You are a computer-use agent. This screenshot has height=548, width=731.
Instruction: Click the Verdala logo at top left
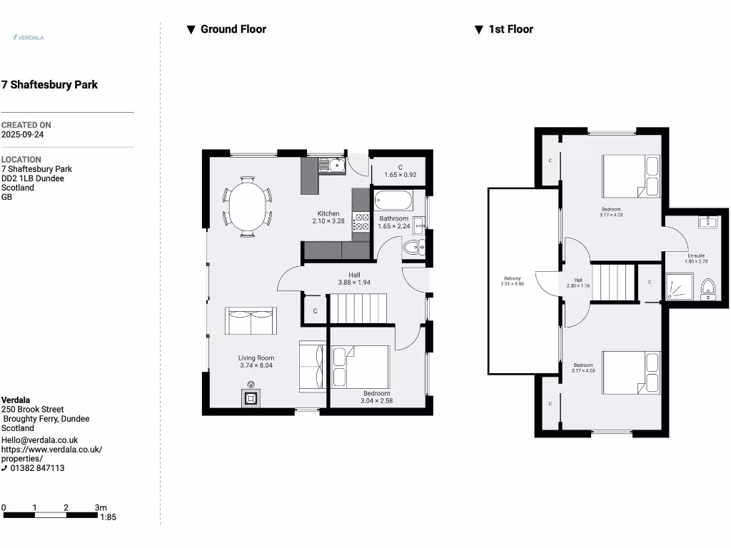(29, 37)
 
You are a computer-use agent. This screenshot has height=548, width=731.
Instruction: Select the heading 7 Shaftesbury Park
(49, 85)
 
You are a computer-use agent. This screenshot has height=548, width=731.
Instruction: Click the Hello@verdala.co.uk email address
(39, 440)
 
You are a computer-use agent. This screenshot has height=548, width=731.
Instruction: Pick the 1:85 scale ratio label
(109, 517)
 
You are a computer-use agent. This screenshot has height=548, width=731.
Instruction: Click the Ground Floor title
(233, 29)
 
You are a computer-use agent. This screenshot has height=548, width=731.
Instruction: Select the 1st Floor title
(510, 29)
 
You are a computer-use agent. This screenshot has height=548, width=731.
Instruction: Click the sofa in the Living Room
(251, 320)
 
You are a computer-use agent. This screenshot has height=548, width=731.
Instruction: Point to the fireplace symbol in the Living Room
(251, 397)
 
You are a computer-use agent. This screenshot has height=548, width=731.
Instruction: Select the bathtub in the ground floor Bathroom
(393, 199)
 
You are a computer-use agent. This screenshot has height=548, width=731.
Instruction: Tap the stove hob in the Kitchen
(361, 222)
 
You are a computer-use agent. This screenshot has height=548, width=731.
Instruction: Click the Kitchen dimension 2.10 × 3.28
(328, 222)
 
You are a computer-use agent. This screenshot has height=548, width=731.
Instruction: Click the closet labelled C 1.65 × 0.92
(400, 171)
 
